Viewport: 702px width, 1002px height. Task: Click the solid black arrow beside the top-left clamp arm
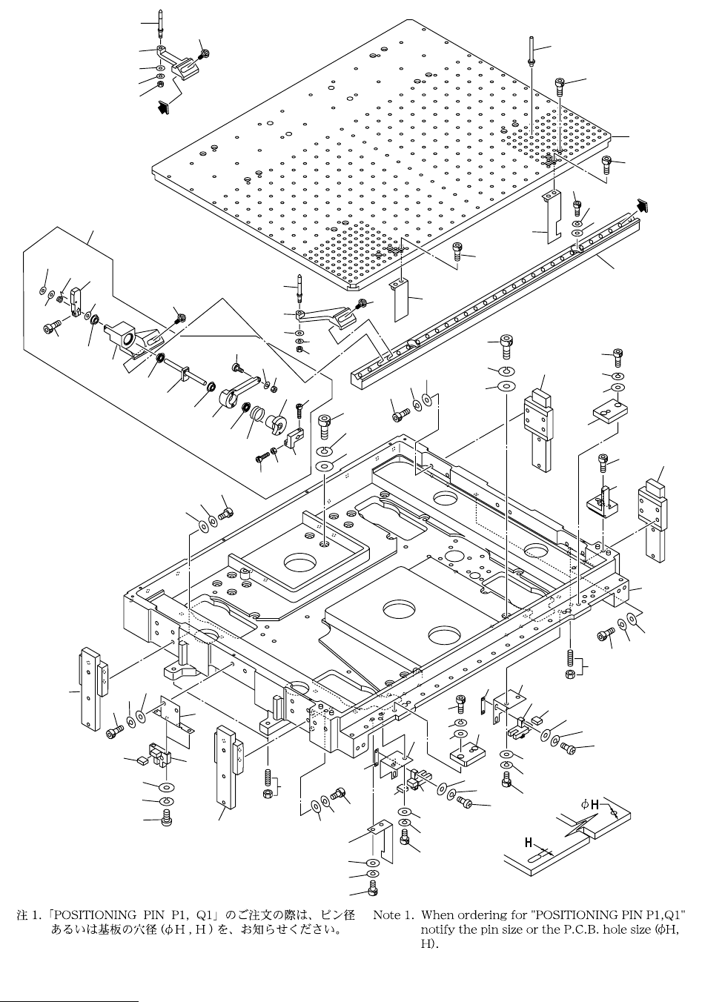(163, 107)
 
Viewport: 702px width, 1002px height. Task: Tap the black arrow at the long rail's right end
(643, 205)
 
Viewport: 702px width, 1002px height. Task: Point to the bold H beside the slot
(529, 843)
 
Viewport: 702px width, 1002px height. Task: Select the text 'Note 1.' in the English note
(392, 915)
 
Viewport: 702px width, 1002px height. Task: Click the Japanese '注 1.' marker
(30, 915)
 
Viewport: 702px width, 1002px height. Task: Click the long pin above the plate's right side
(531, 51)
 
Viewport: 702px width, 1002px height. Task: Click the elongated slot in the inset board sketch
(537, 857)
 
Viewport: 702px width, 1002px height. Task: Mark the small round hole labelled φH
(613, 812)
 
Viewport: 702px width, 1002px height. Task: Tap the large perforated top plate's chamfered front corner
(354, 285)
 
